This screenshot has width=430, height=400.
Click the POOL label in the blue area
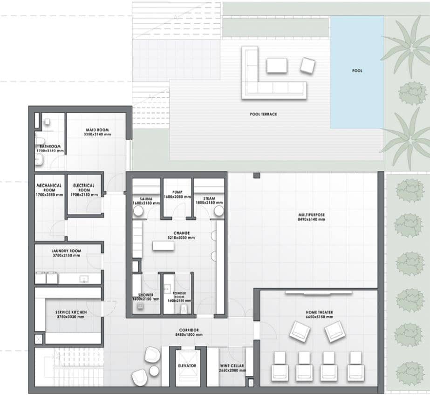(x=357, y=71)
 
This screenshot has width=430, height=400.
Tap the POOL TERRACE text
(x=263, y=114)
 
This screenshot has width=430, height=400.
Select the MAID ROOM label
(x=97, y=130)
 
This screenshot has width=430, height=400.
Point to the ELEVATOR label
(x=186, y=366)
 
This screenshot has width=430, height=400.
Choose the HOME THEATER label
(x=319, y=312)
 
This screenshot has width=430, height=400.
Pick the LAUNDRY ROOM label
(x=66, y=251)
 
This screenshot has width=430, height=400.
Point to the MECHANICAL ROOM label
(x=49, y=185)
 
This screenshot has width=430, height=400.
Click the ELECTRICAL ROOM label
(x=84, y=185)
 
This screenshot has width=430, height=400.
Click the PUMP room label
(x=177, y=192)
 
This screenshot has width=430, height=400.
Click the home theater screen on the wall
(x=319, y=293)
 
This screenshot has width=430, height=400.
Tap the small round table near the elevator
(x=154, y=371)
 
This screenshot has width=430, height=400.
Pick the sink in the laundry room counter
(x=84, y=278)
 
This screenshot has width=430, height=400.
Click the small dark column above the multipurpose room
(x=256, y=176)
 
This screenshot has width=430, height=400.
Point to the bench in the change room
(x=163, y=245)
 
